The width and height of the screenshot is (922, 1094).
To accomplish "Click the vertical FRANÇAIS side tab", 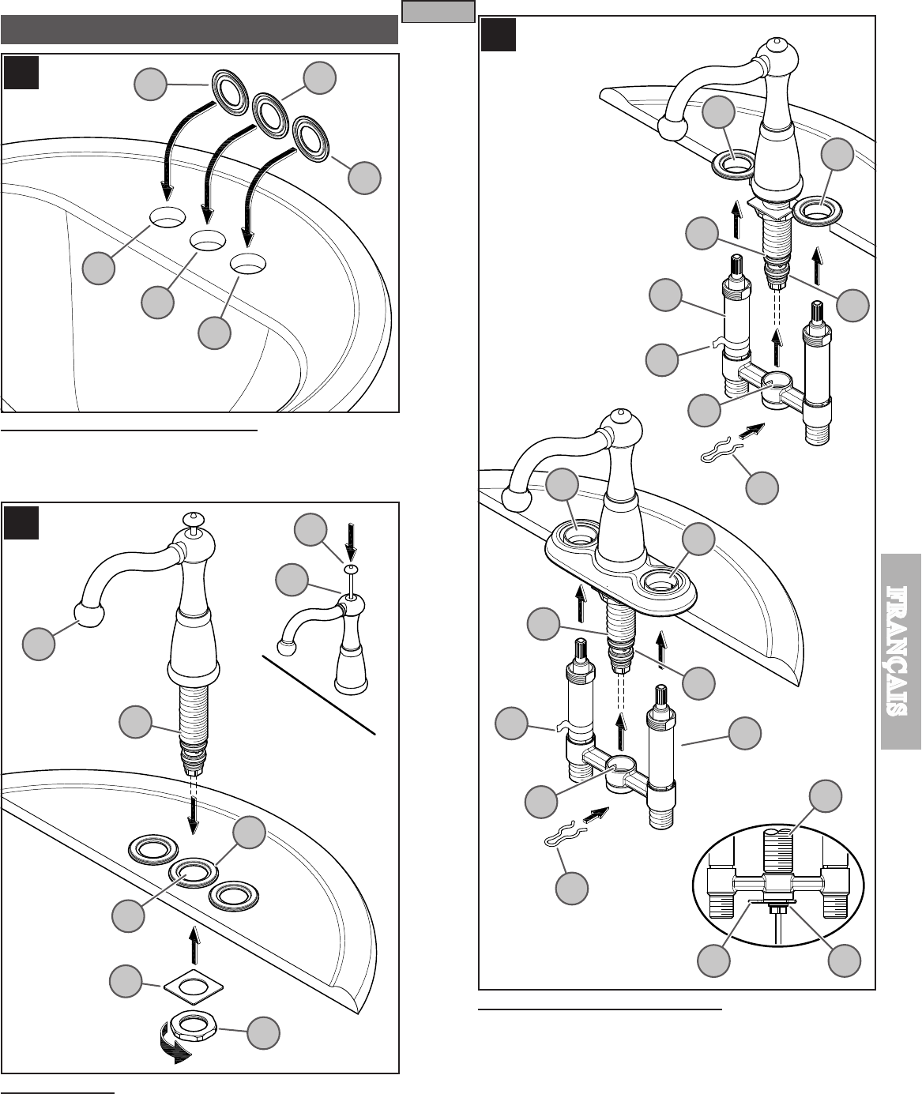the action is [x=901, y=652].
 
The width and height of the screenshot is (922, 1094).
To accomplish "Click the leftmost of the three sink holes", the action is [x=167, y=216].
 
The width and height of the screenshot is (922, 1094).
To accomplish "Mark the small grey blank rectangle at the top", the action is [x=438, y=11].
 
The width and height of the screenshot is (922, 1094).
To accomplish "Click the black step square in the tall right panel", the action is [x=498, y=35].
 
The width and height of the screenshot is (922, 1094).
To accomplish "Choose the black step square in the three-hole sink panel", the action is [x=21, y=73].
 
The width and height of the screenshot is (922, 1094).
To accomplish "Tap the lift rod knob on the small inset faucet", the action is [x=351, y=570].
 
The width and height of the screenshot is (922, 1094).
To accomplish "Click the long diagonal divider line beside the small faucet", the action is [x=318, y=695].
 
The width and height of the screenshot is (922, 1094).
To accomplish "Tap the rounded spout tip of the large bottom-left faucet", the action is [x=89, y=615].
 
